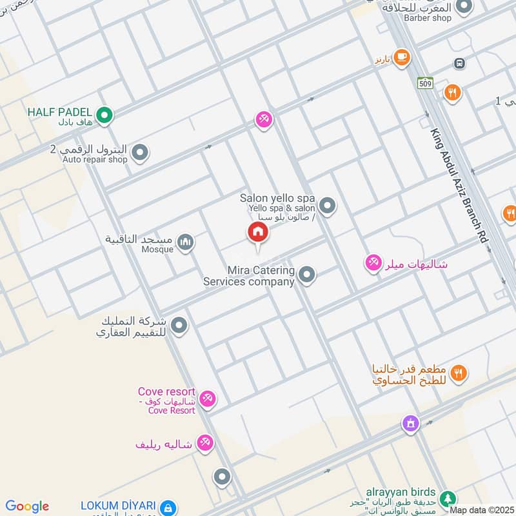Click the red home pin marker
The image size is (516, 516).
[x=258, y=233]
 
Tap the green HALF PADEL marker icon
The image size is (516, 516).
[x=105, y=115]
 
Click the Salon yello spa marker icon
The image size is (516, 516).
[x=328, y=206]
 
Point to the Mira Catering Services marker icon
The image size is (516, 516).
[x=307, y=275]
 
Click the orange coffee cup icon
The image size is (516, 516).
[x=402, y=57]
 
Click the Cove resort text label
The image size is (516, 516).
[x=166, y=392]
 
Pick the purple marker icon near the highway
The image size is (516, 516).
[x=410, y=424]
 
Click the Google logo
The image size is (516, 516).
[x=27, y=506]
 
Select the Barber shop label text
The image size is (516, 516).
[x=428, y=18]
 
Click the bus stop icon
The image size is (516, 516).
[x=460, y=63]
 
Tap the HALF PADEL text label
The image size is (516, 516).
[x=59, y=112]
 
